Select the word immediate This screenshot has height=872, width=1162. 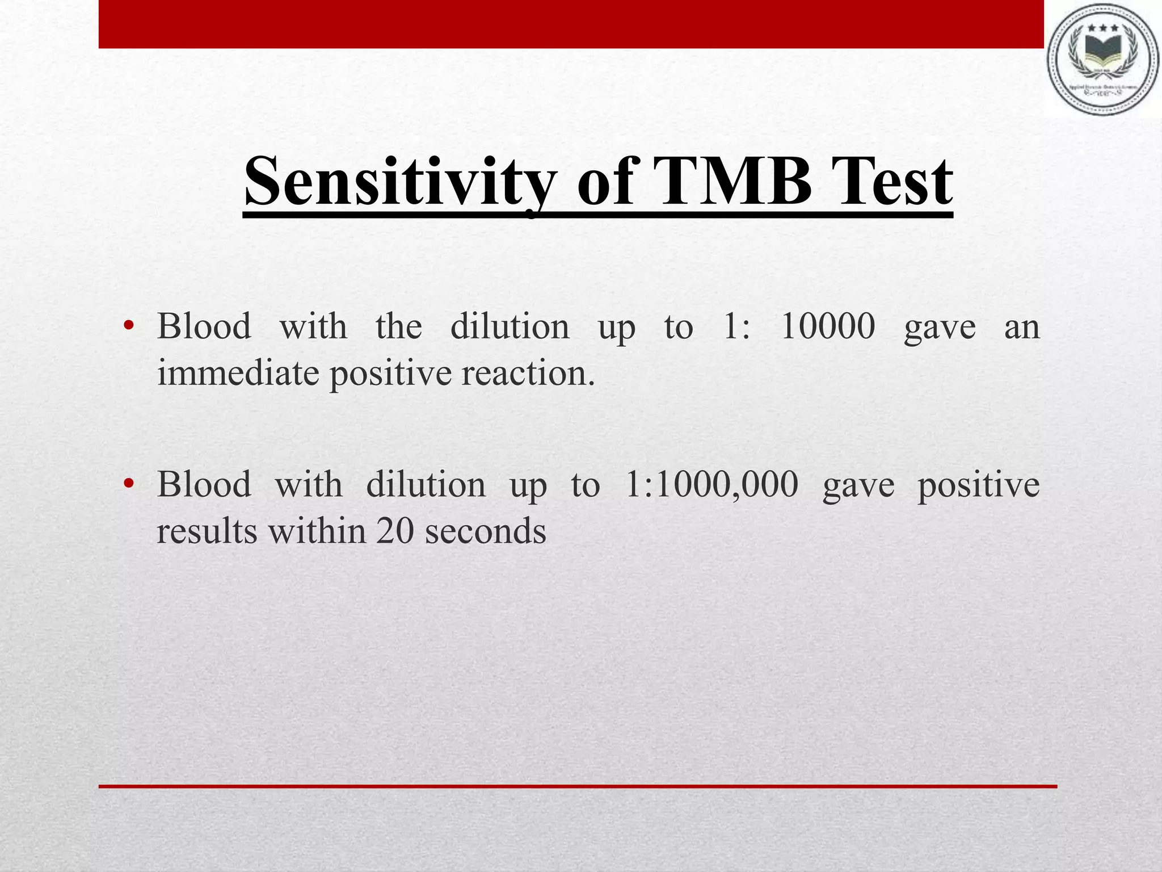pyautogui.click(x=238, y=374)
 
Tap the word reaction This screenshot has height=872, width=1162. pyautogui.click(x=528, y=374)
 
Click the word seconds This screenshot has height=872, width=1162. pyautogui.click(x=485, y=531)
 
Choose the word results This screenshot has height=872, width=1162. pyautogui.click(x=207, y=531)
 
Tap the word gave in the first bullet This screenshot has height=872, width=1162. pyautogui.click(x=940, y=328)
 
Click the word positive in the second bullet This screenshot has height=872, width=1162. pyautogui.click(x=979, y=485)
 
